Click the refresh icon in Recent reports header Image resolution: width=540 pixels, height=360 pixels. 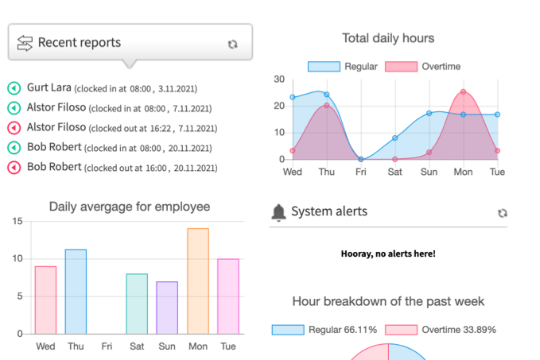(x=232, y=45)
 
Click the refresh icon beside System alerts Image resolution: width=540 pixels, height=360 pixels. (x=502, y=213)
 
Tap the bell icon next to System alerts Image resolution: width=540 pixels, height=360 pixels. (x=278, y=211)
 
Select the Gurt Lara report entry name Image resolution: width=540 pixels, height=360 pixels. (x=49, y=88)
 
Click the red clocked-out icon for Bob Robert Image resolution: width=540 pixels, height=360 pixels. (x=14, y=168)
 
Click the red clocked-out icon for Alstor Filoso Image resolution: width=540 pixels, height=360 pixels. (x=14, y=128)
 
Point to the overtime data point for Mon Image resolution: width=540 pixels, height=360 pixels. (x=464, y=92)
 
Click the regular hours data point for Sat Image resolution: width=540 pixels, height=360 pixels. (x=394, y=138)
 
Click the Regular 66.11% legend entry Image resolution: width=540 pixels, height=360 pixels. (x=324, y=330)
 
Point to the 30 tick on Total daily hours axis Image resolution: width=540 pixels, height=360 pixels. (x=278, y=79)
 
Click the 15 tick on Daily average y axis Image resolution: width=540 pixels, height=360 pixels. (x=17, y=221)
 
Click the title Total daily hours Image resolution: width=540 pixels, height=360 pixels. (x=388, y=38)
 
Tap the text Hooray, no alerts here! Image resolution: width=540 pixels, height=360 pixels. (x=388, y=254)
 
